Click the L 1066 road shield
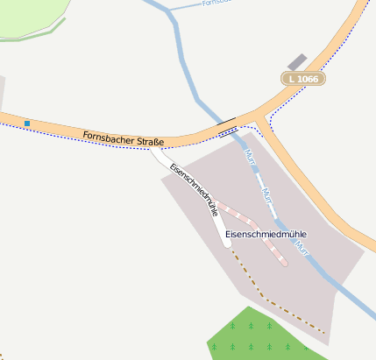coord(303,79)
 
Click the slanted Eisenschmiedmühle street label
coord(194,188)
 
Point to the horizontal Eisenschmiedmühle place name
coord(266,234)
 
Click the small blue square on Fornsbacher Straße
coord(27,123)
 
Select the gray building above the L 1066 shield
coord(297,62)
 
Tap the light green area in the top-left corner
coord(31,18)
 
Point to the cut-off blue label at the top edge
coord(216,4)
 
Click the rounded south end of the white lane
coord(226,242)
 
